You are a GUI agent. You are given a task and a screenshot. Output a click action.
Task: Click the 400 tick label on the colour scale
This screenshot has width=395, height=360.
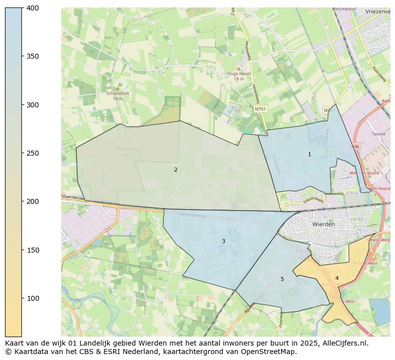pos(33,8)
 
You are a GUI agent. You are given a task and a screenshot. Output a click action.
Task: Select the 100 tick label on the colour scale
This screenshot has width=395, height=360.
pos(33,298)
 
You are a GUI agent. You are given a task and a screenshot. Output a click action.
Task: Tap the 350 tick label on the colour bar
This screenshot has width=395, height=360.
pos(33,56)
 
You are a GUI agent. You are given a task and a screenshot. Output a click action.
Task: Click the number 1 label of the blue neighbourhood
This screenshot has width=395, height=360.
pos(309,155)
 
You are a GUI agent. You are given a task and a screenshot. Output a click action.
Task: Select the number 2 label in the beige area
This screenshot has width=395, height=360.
pos(176,170)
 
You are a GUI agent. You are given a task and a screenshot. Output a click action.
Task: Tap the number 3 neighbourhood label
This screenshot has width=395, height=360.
pos(223,242)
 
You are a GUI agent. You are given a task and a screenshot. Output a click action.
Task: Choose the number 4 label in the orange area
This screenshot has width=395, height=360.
pos(337,278)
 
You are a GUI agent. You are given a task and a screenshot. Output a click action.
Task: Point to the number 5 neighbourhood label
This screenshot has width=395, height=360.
pos(282,279)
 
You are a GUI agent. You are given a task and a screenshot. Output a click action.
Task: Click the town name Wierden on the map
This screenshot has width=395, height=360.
pos(323,224)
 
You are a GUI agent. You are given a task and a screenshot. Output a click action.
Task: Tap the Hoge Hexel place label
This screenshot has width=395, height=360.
pos(239,74)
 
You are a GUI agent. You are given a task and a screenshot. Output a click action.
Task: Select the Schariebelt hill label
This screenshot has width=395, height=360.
pos(117,93)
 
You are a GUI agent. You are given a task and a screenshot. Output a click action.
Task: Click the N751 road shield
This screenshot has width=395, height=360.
pos(260,109)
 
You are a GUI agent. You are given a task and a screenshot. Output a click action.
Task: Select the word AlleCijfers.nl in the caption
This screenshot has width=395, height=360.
pos(347,343)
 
